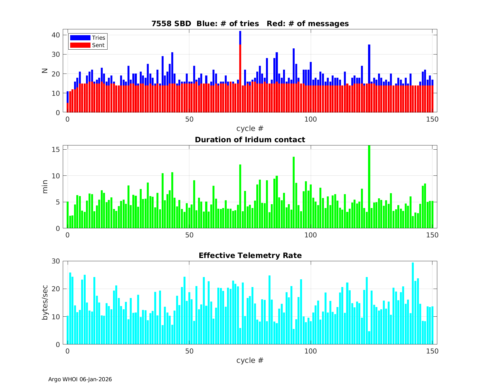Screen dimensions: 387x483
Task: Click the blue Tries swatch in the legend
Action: tap(80, 38)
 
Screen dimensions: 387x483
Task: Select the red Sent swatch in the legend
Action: tap(80, 45)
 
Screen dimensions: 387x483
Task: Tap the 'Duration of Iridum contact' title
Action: tap(250, 140)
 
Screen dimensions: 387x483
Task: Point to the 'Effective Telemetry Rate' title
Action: tap(250, 255)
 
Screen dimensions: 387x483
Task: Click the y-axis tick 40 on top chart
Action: tap(56, 35)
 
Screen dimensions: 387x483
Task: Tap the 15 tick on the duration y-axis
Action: tap(56, 150)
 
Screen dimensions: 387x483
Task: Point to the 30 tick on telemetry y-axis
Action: tap(56, 261)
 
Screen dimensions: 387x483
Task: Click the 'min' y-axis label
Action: tap(45, 187)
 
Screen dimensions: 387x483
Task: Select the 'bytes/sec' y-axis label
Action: tap(45, 303)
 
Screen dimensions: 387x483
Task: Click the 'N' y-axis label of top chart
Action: tap(45, 71)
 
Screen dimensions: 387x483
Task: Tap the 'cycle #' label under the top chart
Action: tap(250, 128)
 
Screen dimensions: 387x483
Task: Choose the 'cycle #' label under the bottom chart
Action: tap(250, 360)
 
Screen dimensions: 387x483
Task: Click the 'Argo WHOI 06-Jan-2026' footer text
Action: tap(80, 379)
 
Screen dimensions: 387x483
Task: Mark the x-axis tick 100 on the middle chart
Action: tap(311, 235)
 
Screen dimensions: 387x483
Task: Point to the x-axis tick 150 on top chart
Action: tap(432, 119)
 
